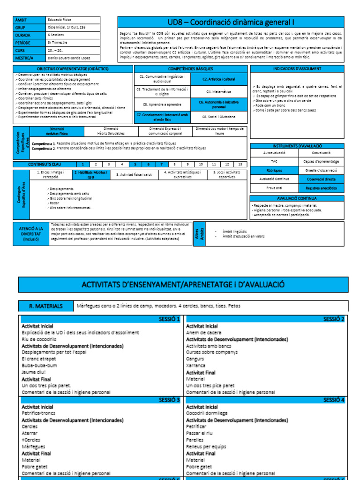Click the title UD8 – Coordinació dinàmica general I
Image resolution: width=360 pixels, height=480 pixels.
[x=231, y=22]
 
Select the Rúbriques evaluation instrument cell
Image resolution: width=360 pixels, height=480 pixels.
[x=274, y=170]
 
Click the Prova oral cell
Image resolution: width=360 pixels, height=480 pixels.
[x=274, y=187]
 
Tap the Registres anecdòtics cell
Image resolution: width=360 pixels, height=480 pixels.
[x=321, y=187]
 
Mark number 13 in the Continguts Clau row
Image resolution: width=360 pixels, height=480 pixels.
[x=240, y=165]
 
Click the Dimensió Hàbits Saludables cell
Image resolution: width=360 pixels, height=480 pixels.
[x=111, y=131]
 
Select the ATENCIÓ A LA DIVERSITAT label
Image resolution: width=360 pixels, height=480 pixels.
[x=30, y=233]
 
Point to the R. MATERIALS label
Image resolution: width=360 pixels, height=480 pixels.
[x=46, y=306]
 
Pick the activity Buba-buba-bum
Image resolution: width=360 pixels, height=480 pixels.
[x=39, y=365]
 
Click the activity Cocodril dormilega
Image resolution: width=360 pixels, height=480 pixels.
[x=207, y=413]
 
